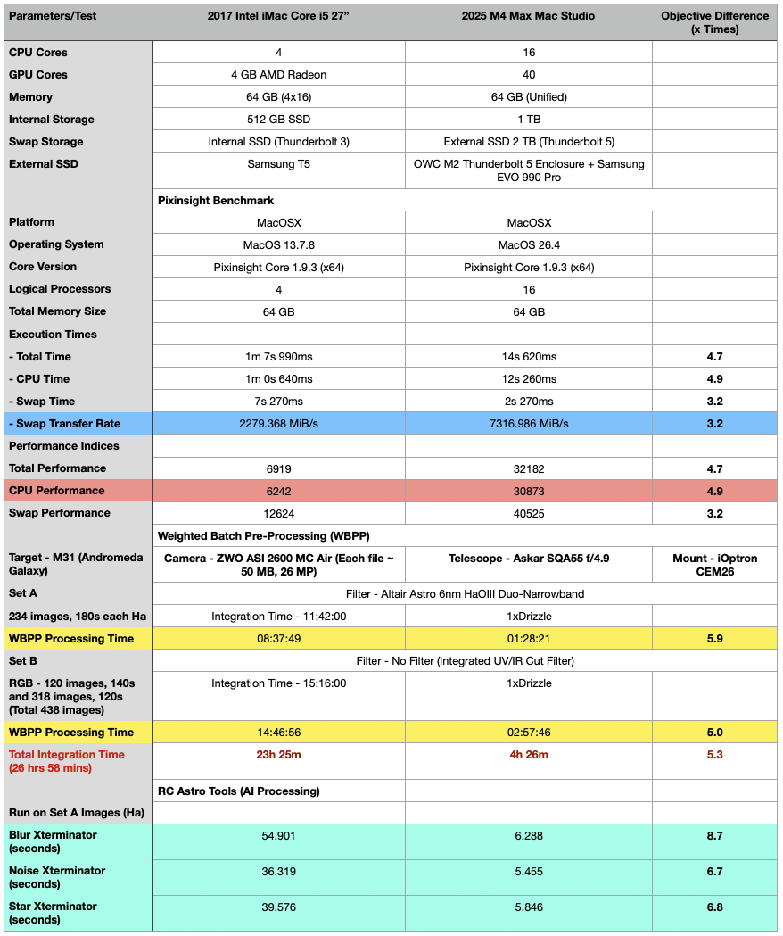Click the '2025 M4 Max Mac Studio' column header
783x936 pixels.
(x=528, y=16)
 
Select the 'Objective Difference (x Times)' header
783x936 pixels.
(x=714, y=22)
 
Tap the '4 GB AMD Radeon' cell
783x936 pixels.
(x=279, y=75)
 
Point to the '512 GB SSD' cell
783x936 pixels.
(x=279, y=120)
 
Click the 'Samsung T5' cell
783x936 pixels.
(x=279, y=164)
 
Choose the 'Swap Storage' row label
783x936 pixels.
(x=45, y=142)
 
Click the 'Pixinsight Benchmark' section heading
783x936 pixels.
(x=215, y=201)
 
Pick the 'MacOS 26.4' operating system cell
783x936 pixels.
(x=529, y=244)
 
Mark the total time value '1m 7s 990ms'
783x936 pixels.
(x=279, y=357)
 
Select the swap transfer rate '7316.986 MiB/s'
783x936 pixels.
(x=529, y=424)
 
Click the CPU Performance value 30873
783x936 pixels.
(x=529, y=491)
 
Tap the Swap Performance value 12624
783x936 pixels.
(x=279, y=513)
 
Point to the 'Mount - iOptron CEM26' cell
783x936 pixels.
(x=714, y=565)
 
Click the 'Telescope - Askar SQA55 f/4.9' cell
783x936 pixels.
(x=529, y=559)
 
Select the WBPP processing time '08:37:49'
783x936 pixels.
(x=279, y=639)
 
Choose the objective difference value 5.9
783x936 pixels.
(x=714, y=639)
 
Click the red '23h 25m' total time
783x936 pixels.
(x=279, y=755)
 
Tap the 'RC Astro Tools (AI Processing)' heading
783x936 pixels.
(x=238, y=791)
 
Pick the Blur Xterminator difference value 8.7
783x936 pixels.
(x=714, y=836)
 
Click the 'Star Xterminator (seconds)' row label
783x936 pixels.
(x=53, y=913)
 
